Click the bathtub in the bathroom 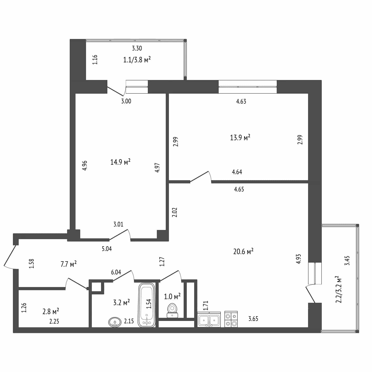[x=147, y=305]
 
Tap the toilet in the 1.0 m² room [x=172, y=310]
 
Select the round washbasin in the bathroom [x=115, y=322]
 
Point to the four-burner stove [x=231, y=319]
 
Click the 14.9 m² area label [x=120, y=162]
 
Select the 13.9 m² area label [x=240, y=137]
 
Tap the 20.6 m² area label [x=243, y=251]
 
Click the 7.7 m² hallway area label [x=68, y=264]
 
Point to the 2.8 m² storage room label [x=51, y=311]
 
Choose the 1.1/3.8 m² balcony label [x=137, y=60]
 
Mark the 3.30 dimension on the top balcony [x=137, y=48]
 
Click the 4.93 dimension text [x=298, y=259]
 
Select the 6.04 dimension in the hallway [x=116, y=272]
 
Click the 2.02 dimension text [x=175, y=212]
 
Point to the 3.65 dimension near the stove [x=253, y=319]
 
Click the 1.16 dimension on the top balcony [x=95, y=60]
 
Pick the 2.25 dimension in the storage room [x=54, y=321]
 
